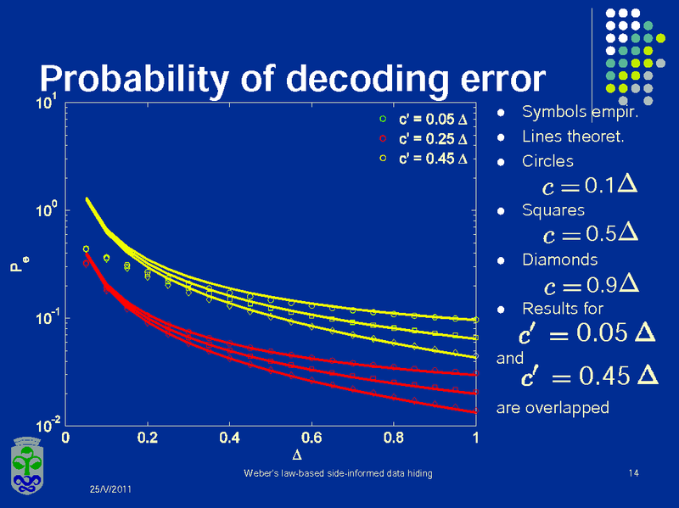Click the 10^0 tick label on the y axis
[x=47, y=209]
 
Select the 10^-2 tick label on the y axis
[x=47, y=422]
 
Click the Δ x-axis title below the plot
[x=271, y=458]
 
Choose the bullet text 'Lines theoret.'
[x=573, y=136]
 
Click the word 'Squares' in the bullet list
[x=553, y=209]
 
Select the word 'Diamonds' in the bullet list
[x=559, y=259]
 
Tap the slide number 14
[x=632, y=472]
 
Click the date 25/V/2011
[x=111, y=490]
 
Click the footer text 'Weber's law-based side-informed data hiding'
[x=338, y=472]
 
